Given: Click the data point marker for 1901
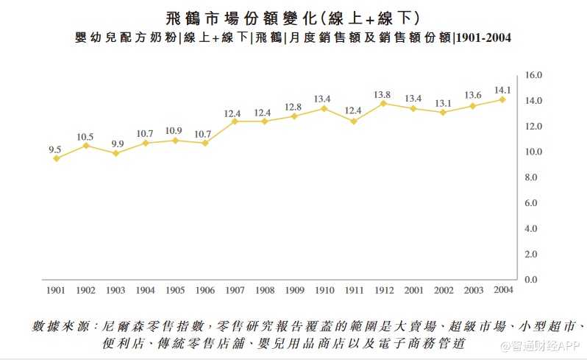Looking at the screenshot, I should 56,158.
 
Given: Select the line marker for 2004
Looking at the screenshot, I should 502,99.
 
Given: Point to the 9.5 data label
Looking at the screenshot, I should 54,149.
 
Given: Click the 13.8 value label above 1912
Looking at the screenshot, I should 383,94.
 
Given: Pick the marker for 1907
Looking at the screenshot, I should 235,121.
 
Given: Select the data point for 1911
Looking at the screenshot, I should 353,121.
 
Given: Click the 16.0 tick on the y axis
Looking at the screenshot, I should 533,75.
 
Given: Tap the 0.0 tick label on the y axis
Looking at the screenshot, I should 532,280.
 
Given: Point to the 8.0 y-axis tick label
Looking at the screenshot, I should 532,177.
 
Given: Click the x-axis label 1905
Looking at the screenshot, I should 174,291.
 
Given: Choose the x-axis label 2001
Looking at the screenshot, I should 413,291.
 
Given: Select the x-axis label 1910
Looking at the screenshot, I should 324,291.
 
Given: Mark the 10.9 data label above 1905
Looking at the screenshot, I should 174,131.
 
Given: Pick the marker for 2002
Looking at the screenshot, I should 443,112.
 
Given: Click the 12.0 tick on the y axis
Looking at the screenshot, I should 533,126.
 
